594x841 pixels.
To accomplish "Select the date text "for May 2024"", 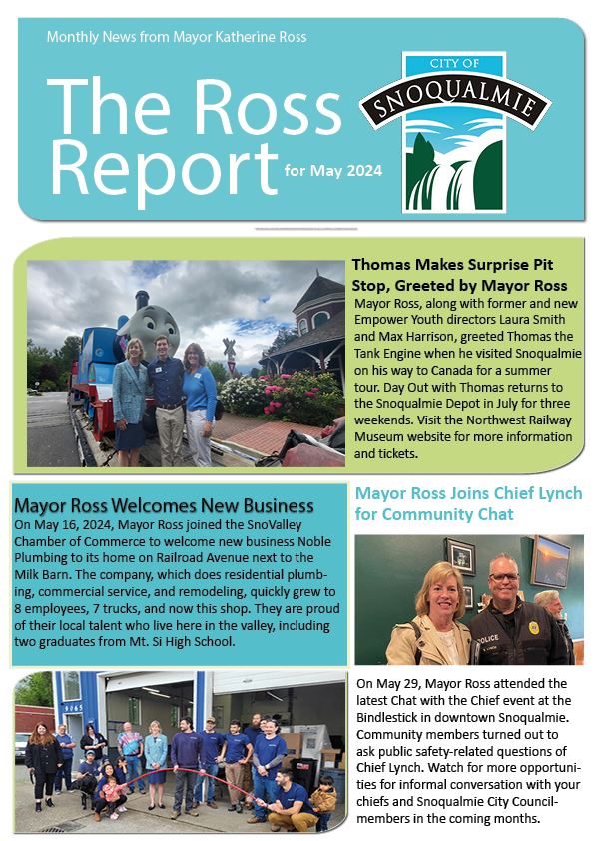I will pyautogui.click(x=332, y=171).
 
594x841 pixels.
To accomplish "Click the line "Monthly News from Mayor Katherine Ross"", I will pyautogui.click(x=177, y=37).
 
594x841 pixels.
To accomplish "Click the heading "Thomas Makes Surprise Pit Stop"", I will pyautogui.click(x=460, y=276).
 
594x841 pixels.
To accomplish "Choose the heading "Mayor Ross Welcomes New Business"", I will pyautogui.click(x=164, y=506).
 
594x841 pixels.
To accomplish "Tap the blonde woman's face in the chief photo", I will pyautogui.click(x=436, y=589).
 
